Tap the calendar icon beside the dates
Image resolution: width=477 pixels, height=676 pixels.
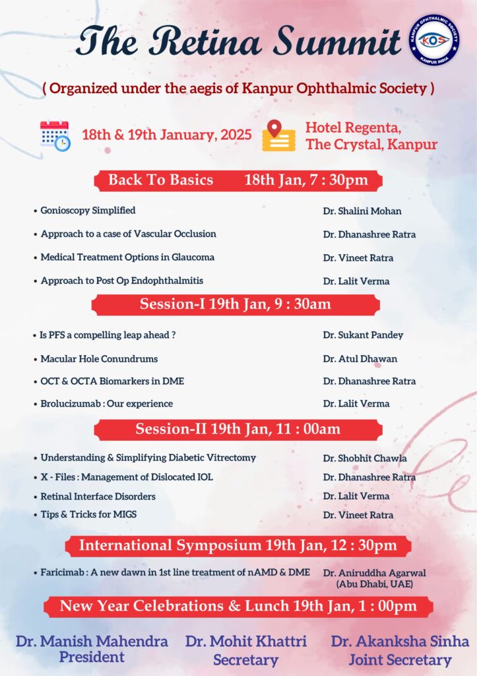(x=55, y=135)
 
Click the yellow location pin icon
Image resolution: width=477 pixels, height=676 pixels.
(x=278, y=135)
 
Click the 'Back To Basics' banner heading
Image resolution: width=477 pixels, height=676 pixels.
(x=160, y=180)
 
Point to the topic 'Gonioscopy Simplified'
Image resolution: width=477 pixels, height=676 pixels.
(x=88, y=211)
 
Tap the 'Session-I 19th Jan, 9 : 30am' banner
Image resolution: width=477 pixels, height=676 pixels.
(x=236, y=304)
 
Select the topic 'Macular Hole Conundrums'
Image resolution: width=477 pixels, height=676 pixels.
(x=99, y=359)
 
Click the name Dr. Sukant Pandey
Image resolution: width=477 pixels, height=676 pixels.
(x=363, y=335)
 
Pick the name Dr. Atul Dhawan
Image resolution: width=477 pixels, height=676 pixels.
(x=360, y=360)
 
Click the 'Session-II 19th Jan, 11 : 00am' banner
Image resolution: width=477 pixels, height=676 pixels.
(x=238, y=429)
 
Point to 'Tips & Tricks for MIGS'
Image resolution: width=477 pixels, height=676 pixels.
(x=88, y=514)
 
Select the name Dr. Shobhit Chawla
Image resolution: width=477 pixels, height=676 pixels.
(x=365, y=458)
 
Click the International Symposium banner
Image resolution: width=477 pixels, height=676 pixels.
(x=238, y=545)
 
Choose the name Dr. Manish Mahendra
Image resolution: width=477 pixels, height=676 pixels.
(x=92, y=641)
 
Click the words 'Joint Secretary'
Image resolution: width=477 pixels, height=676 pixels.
(x=400, y=659)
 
